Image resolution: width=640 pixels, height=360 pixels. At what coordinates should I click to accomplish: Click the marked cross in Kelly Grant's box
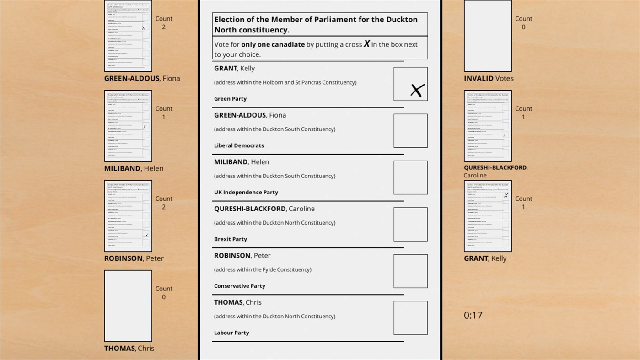point(417,90)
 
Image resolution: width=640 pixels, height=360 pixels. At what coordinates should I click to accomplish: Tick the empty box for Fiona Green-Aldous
point(410,131)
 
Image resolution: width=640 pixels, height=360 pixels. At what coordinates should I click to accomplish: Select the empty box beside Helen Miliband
point(410,177)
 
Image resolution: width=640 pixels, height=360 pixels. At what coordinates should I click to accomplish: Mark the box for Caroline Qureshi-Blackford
point(410,224)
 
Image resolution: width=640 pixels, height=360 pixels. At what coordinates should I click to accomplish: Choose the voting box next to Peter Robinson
point(410,271)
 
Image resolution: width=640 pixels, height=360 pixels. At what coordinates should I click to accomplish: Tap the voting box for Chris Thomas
point(410,318)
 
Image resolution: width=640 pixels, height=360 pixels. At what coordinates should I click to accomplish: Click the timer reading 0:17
point(473,315)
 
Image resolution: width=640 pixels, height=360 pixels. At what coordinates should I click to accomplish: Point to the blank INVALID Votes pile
point(488,36)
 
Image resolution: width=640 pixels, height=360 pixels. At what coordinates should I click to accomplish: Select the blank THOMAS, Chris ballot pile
point(128,306)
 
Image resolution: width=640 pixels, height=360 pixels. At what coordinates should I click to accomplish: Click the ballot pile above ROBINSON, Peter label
point(128,216)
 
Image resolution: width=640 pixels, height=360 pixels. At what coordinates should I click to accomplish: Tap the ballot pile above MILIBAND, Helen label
point(128,126)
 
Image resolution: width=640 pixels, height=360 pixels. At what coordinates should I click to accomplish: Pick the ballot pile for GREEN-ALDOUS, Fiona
point(128,36)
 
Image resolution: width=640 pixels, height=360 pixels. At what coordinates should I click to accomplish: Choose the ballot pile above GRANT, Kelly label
point(488,216)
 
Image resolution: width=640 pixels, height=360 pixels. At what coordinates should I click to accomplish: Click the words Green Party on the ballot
point(230,99)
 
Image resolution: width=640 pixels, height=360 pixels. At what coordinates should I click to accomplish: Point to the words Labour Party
point(231,333)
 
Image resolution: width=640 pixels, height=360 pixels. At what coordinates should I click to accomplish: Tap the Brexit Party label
point(231,239)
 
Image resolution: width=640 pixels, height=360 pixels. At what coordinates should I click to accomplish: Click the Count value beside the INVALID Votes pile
point(523,27)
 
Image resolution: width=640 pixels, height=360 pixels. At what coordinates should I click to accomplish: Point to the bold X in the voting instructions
point(366,44)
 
